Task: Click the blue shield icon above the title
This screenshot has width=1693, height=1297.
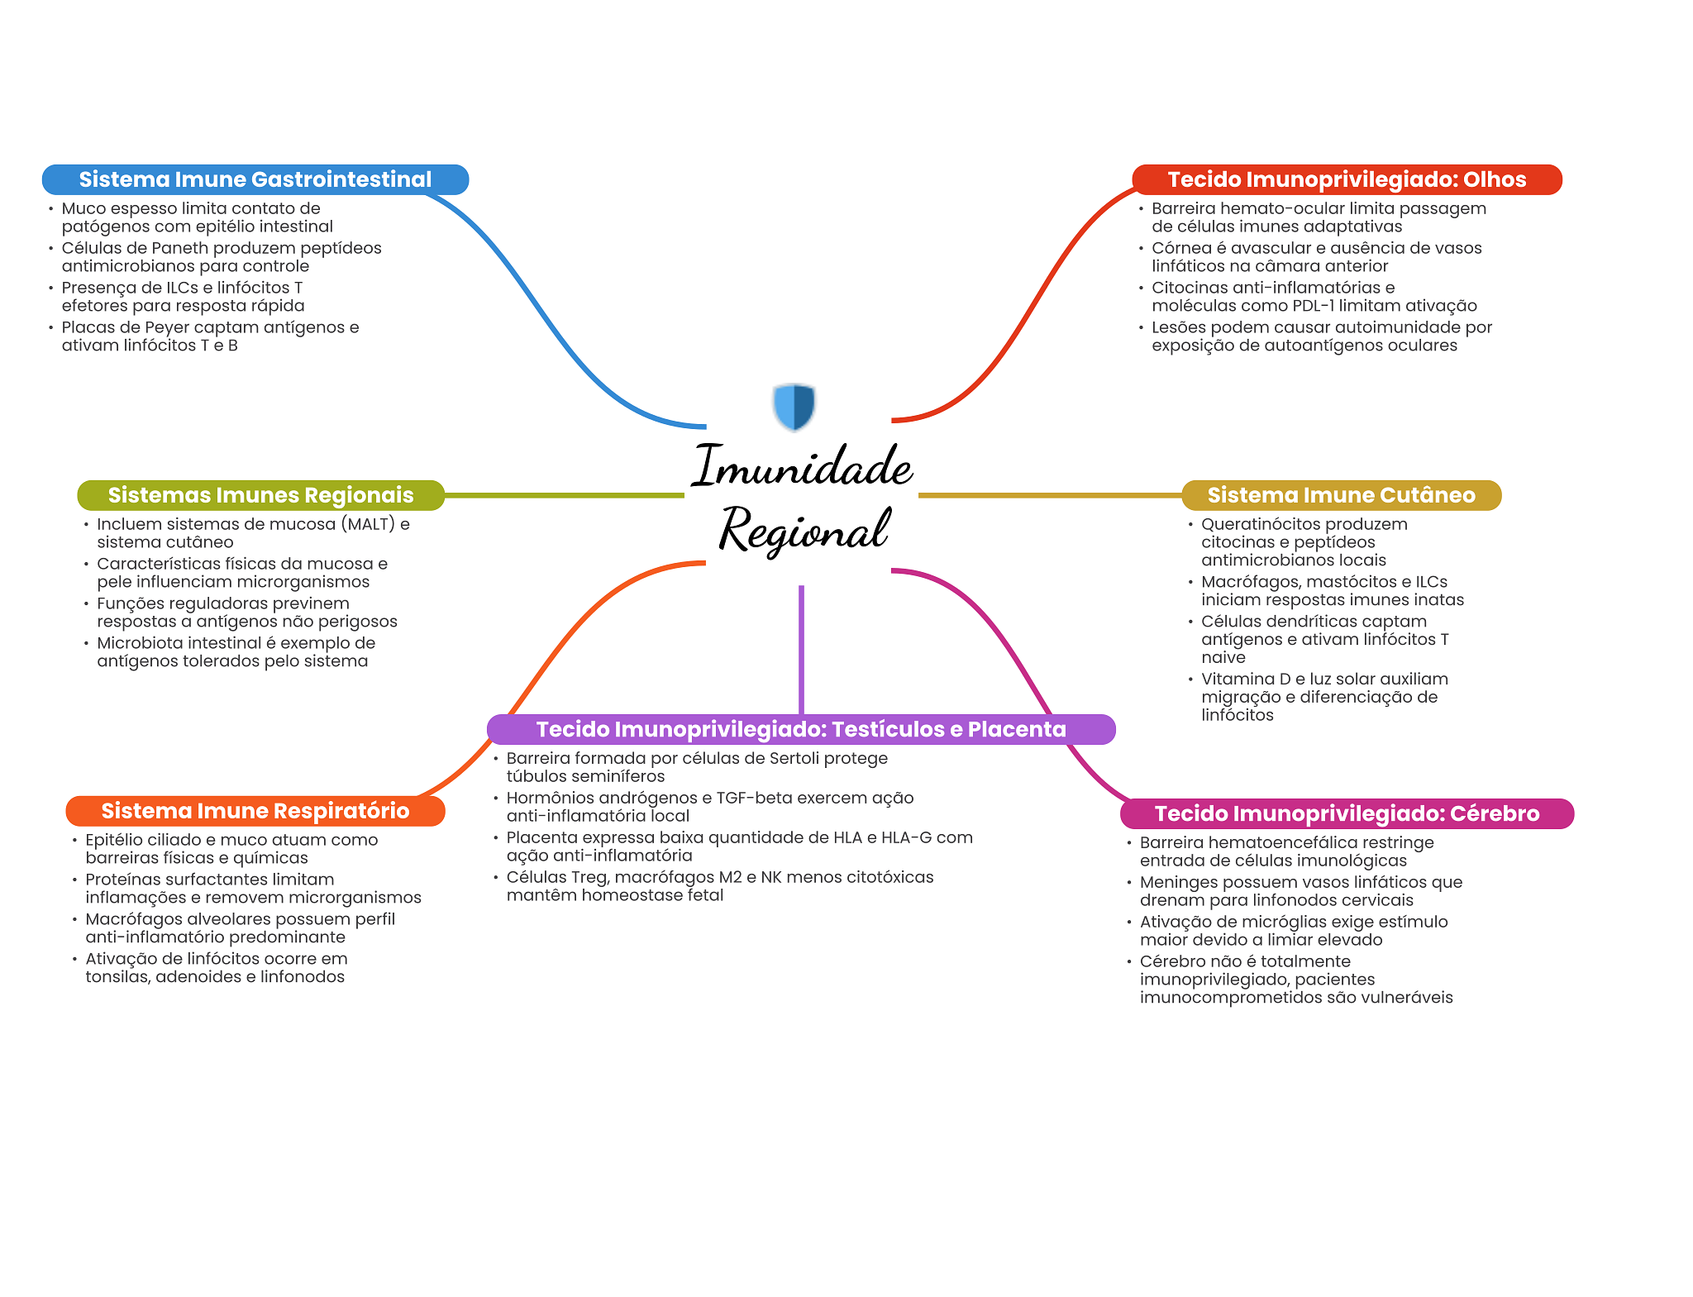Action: coord(794,406)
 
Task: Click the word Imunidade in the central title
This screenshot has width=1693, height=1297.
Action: coord(802,466)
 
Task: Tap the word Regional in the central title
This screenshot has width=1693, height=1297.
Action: coord(804,530)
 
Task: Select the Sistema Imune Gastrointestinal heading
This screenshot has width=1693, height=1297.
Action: coord(255,179)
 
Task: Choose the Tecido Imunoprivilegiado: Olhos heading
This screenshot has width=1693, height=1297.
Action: coord(1346,179)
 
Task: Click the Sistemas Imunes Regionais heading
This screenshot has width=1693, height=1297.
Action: coord(260,495)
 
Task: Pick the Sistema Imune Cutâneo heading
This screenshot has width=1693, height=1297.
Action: coord(1341,495)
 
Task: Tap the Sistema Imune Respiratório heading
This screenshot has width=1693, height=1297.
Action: coord(255,811)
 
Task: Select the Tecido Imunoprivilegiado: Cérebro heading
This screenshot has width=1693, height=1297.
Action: coord(1347,813)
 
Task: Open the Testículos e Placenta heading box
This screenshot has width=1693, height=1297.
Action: coord(800,729)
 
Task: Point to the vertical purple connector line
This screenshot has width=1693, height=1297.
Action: coord(801,649)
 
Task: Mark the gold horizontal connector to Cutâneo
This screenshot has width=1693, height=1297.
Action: coord(1050,495)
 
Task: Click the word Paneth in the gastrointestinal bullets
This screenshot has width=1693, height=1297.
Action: coord(180,248)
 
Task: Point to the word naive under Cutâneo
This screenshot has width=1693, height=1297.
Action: coord(1223,658)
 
